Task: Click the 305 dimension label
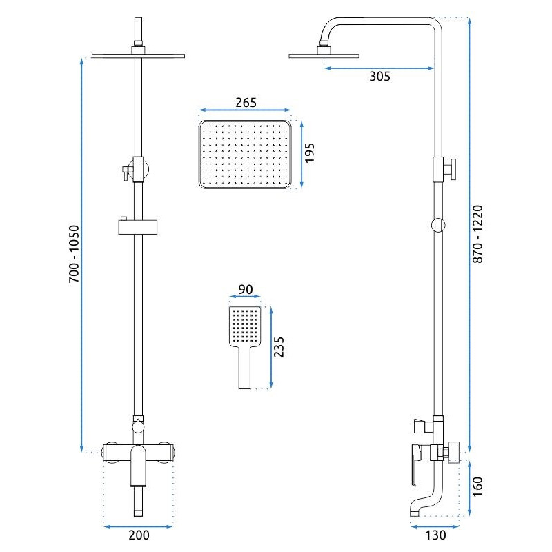(x=379, y=77)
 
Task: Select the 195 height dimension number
(x=310, y=153)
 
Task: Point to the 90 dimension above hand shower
(x=244, y=290)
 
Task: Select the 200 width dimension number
(x=138, y=534)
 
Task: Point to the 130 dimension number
(x=435, y=534)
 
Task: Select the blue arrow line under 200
(x=138, y=526)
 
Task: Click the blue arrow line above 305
(x=379, y=68)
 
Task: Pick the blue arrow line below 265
(x=246, y=110)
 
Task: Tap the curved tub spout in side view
(x=422, y=507)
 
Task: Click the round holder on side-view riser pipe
(x=437, y=224)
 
